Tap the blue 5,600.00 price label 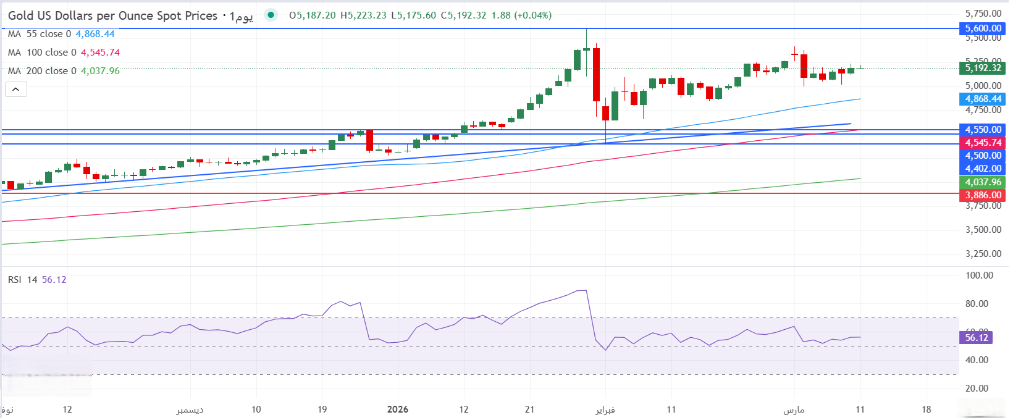click(983, 28)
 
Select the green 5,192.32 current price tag click(983, 68)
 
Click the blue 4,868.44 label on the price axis click(983, 99)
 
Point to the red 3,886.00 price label click(983, 195)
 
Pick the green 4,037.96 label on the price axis click(983, 182)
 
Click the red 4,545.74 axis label click(983, 143)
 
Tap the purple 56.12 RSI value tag click(977, 337)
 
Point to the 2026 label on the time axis click(398, 409)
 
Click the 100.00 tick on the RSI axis click(979, 275)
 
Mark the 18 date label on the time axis click(926, 409)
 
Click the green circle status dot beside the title click(271, 15)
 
